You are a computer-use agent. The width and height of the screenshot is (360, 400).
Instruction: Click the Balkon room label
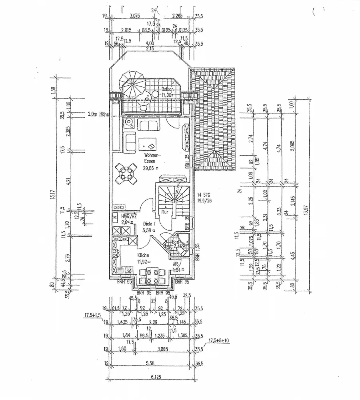point(167,90)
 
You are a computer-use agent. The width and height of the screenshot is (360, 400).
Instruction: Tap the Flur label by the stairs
point(164,212)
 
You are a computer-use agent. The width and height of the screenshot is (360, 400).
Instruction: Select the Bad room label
point(175,242)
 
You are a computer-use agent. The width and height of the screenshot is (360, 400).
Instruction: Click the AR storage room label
point(175,265)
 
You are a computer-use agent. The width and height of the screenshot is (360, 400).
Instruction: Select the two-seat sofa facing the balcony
point(149,124)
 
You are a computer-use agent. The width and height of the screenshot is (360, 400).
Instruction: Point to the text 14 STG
point(204,195)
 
